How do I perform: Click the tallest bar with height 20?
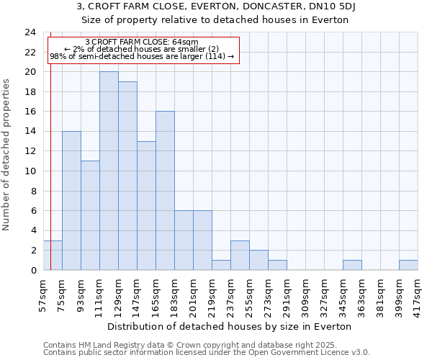coord(109,171)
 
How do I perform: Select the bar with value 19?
coord(127,176)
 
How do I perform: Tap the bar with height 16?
coord(165,191)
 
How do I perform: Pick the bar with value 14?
coord(71,200)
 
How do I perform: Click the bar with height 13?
coord(146,205)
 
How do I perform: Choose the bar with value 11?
coord(90,215)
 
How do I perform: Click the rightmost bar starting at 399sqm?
coord(408,265)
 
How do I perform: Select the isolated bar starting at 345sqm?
coord(352,265)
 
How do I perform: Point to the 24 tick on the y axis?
coord(30,32)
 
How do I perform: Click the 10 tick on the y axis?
coord(30,171)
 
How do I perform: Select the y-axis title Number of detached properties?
coord(7,151)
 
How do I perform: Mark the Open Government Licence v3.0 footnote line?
coord(207,352)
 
